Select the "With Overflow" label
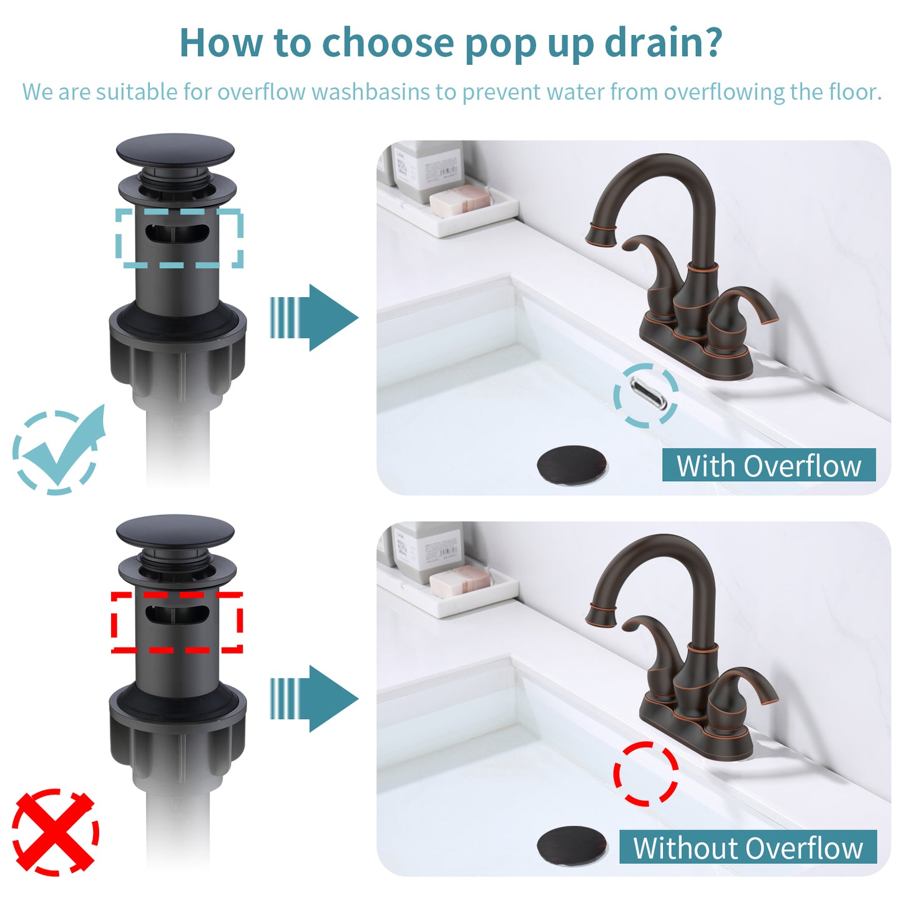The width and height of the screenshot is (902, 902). point(768,466)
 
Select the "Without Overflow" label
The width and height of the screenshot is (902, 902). point(748,848)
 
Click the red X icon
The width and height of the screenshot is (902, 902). point(55,831)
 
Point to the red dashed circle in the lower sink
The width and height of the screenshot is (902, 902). point(646,774)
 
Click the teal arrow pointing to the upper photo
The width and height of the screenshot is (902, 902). point(315,318)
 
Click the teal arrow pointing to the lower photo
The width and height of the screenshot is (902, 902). point(315,699)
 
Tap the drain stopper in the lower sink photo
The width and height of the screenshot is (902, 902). point(572,845)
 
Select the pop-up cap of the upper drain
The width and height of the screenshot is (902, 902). point(175,150)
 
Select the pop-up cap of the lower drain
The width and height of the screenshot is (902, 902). point(175,531)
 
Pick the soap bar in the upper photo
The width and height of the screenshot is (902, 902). point(461,201)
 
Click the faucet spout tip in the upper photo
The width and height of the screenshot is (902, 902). point(601,235)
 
